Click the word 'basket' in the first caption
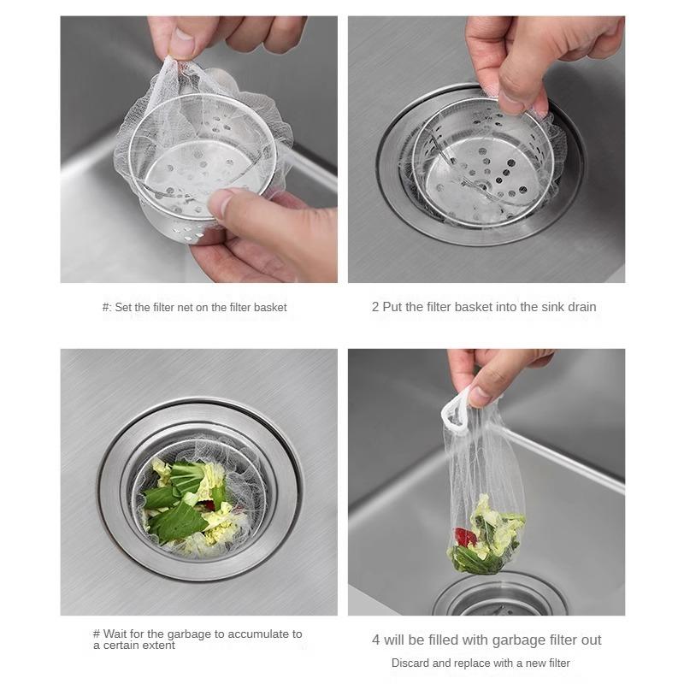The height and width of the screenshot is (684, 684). [270, 308]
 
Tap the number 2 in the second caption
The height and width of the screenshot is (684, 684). [375, 307]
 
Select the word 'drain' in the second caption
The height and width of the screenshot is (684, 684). [582, 307]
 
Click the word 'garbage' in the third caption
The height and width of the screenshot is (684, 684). [189, 634]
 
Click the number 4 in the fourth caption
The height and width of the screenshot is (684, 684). [375, 640]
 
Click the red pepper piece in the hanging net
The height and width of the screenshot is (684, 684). [465, 537]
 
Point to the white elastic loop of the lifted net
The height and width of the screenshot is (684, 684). [454, 410]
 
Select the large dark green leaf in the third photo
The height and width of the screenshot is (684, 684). [180, 522]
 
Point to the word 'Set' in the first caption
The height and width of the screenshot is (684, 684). [123, 308]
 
